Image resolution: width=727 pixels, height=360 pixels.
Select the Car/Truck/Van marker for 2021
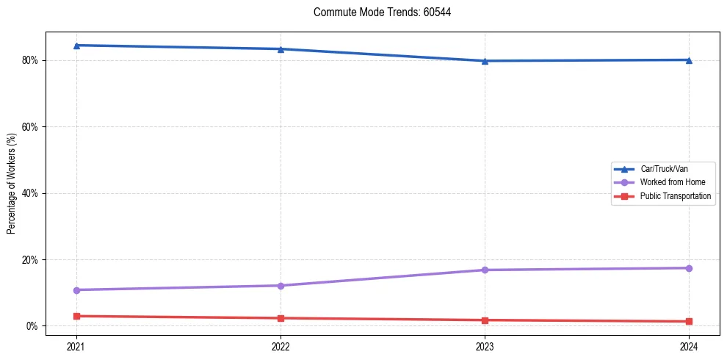pos(76,46)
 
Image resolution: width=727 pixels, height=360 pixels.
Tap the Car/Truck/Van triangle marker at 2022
pos(281,49)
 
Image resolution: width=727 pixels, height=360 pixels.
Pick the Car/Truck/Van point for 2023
pos(485,61)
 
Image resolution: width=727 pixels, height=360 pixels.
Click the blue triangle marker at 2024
pos(689,60)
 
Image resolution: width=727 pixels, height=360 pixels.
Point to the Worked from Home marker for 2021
pos(76,290)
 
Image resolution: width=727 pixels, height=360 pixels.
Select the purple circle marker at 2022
pos(281,286)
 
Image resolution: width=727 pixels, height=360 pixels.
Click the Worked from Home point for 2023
pos(485,270)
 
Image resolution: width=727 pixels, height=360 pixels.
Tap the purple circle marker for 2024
pos(689,268)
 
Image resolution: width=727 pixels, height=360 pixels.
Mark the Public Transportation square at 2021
pos(76,316)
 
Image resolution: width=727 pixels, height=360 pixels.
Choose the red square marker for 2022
pos(281,318)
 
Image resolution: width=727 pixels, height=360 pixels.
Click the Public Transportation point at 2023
pos(485,320)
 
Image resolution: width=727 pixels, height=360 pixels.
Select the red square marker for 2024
pos(689,321)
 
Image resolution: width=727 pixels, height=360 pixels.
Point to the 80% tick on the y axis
pos(31,60)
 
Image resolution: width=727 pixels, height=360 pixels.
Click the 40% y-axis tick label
pos(31,193)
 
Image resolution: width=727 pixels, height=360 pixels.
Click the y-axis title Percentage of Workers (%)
pos(12,184)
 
